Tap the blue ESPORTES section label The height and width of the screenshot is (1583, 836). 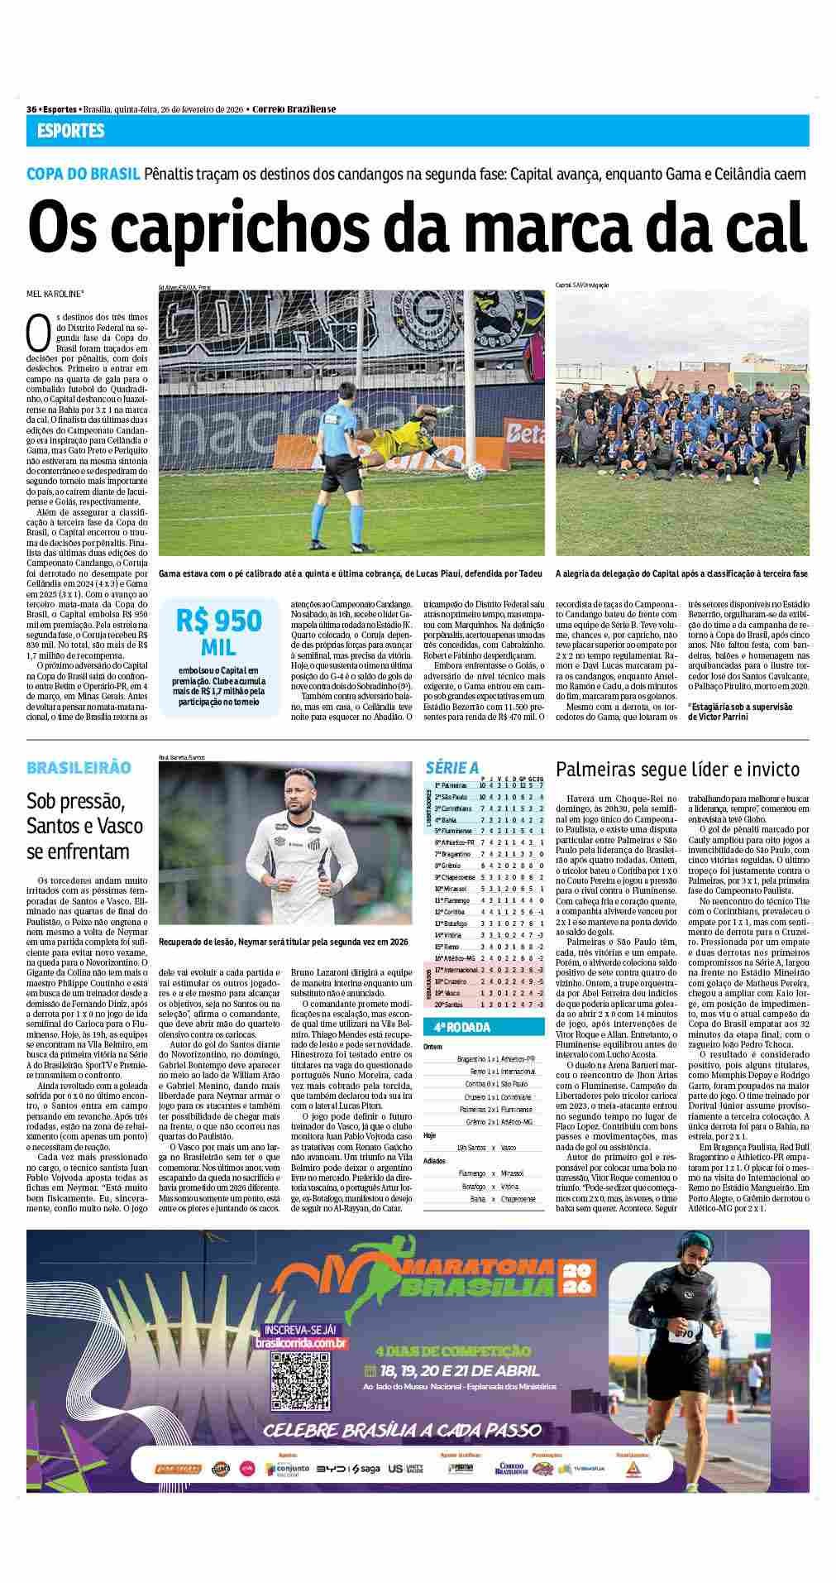point(71,131)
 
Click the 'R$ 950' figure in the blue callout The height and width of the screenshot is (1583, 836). point(218,621)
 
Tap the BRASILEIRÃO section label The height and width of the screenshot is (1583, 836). point(79,767)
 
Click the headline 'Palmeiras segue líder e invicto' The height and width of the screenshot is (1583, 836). point(677,770)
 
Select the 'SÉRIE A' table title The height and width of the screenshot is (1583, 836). point(451,768)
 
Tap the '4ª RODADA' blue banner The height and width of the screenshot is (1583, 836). point(457,1028)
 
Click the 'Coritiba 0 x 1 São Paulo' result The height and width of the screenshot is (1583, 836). point(496,1083)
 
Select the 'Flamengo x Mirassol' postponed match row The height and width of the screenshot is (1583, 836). point(495,1173)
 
